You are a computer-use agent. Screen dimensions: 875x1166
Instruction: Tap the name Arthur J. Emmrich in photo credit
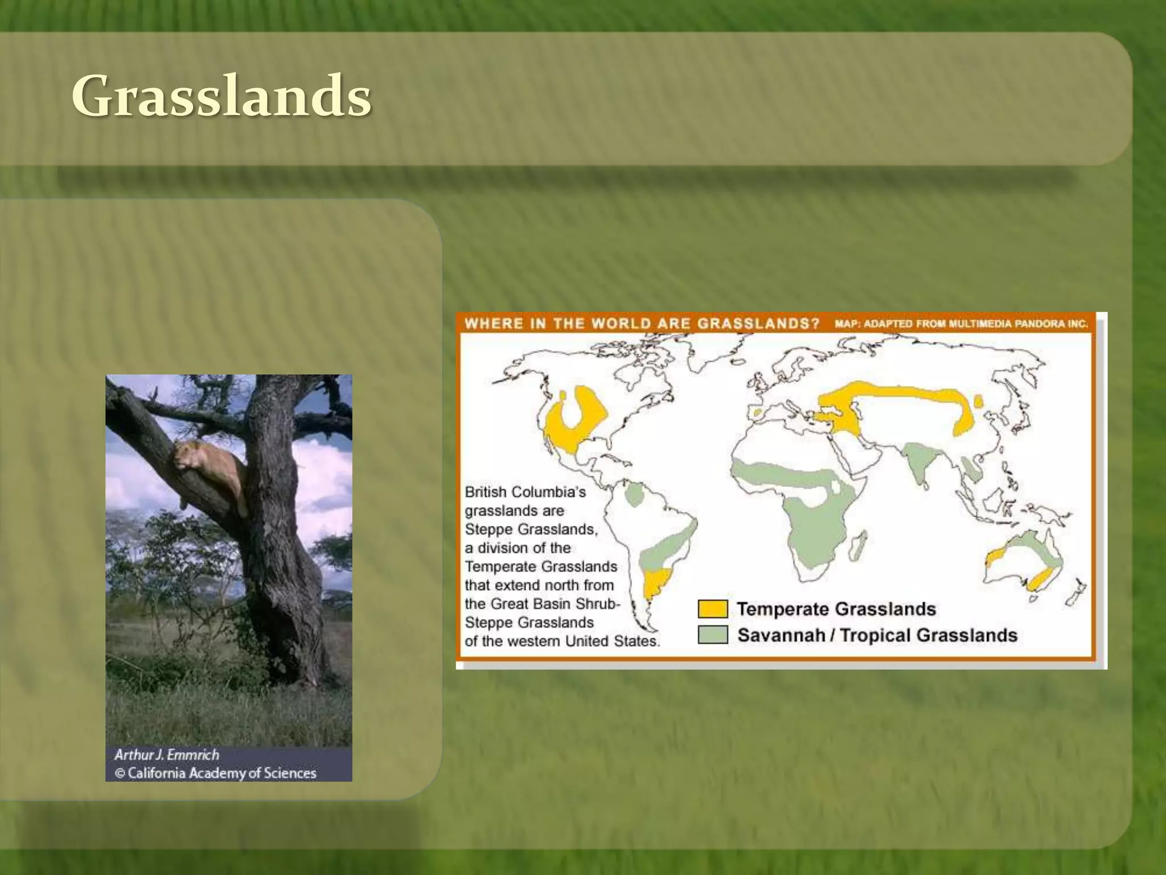pyautogui.click(x=166, y=755)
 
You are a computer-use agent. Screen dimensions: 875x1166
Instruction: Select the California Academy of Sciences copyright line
pyautogui.click(x=216, y=773)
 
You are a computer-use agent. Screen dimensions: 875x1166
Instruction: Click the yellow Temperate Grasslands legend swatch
pyautogui.click(x=712, y=609)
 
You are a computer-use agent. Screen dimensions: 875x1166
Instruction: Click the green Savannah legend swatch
pyautogui.click(x=712, y=635)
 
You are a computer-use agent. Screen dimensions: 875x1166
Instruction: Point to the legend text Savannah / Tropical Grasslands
pyautogui.click(x=877, y=635)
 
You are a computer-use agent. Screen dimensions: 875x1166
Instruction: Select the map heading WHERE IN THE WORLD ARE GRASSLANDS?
pyautogui.click(x=642, y=324)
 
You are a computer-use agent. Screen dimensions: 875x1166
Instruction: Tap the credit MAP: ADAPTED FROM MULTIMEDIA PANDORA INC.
pyautogui.click(x=961, y=324)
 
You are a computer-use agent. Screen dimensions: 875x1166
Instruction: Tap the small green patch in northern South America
pyautogui.click(x=633, y=494)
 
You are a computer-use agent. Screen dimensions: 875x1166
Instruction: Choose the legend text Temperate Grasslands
pyautogui.click(x=836, y=609)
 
